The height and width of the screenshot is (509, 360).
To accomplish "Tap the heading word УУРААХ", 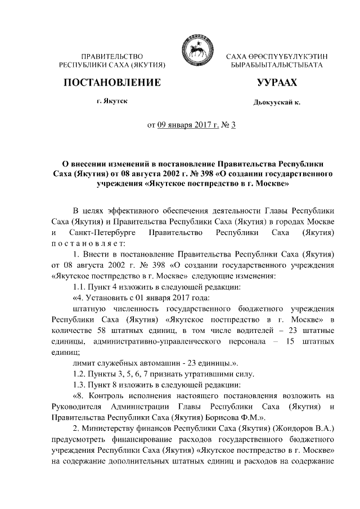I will coord(276,83).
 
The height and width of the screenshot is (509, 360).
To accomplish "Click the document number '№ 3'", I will coord(228,124).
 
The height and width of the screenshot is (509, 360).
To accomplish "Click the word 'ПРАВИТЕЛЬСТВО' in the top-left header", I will coord(112,57).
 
